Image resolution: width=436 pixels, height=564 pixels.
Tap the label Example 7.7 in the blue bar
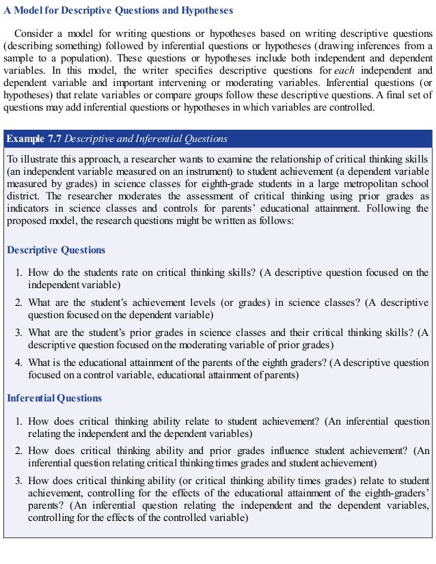click(x=33, y=139)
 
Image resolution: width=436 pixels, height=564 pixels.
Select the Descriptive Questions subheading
click(x=56, y=250)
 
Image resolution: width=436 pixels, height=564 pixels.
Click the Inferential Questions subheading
click(x=54, y=398)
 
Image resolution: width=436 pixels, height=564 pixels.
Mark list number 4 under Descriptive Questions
click(x=19, y=362)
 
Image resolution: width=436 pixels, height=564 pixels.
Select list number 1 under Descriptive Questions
click(x=19, y=273)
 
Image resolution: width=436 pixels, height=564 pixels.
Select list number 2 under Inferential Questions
click(x=19, y=451)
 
